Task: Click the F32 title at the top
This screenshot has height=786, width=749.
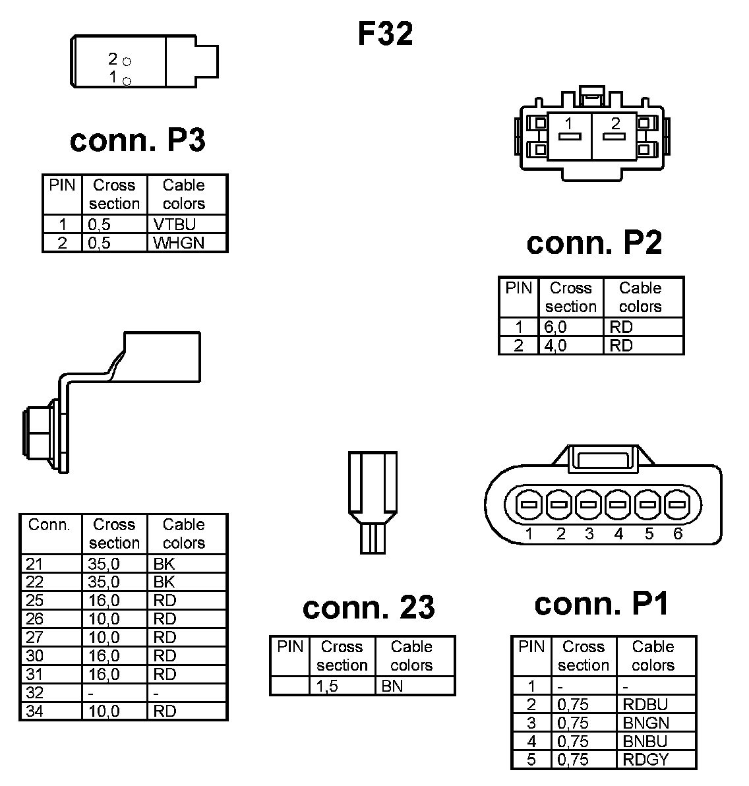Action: coord(385,34)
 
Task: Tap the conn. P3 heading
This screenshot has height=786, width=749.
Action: coord(137,140)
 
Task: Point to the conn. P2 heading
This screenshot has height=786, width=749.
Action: coord(593,243)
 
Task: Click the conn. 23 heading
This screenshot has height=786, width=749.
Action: coord(369,607)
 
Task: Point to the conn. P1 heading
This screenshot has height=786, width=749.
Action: coord(601,603)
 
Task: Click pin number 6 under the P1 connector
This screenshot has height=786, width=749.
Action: coord(678,533)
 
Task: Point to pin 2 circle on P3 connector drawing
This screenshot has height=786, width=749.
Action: coord(127,61)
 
